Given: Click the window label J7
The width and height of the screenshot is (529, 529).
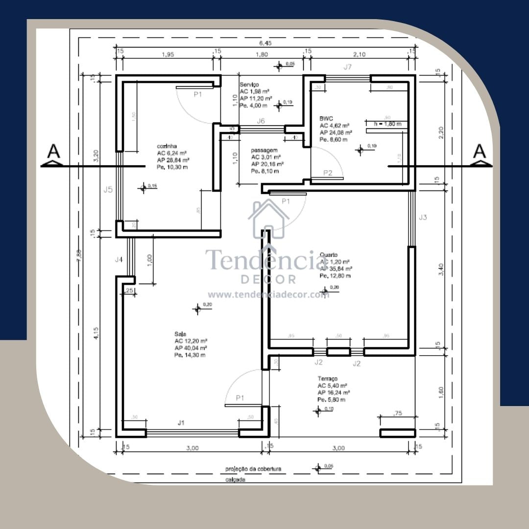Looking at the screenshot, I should click(347, 68).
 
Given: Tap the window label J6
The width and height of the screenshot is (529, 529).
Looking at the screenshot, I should click(261, 121).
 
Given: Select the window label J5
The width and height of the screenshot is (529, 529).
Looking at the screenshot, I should click(108, 190).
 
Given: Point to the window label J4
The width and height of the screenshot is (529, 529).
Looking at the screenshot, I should click(119, 260).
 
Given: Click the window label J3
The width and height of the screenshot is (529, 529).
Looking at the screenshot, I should click(423, 217).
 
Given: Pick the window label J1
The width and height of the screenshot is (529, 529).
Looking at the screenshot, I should click(181, 422).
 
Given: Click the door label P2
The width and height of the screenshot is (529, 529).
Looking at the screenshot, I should click(328, 172).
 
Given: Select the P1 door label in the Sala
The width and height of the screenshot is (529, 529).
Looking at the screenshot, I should click(240, 398).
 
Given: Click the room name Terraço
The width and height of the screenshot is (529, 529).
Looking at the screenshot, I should click(327, 379).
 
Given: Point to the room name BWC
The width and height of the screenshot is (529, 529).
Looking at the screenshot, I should click(326, 118).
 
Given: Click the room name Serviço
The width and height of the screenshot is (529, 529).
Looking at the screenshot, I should click(249, 85).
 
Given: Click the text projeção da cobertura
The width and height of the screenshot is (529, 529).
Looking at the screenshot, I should click(253, 469).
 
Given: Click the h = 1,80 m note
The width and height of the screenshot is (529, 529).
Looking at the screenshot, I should click(387, 124).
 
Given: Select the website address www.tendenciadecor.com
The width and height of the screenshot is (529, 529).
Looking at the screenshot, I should click(268, 295).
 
